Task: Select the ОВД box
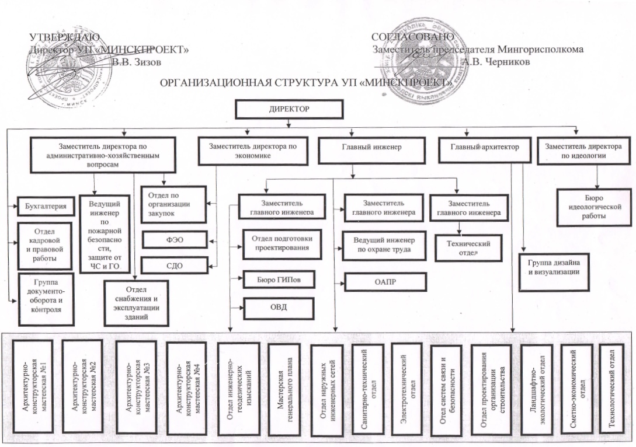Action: click(280, 308)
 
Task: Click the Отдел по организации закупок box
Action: click(175, 204)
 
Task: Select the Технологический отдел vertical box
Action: click(612, 385)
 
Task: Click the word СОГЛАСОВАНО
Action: click(413, 38)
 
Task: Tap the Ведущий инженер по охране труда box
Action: click(381, 245)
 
